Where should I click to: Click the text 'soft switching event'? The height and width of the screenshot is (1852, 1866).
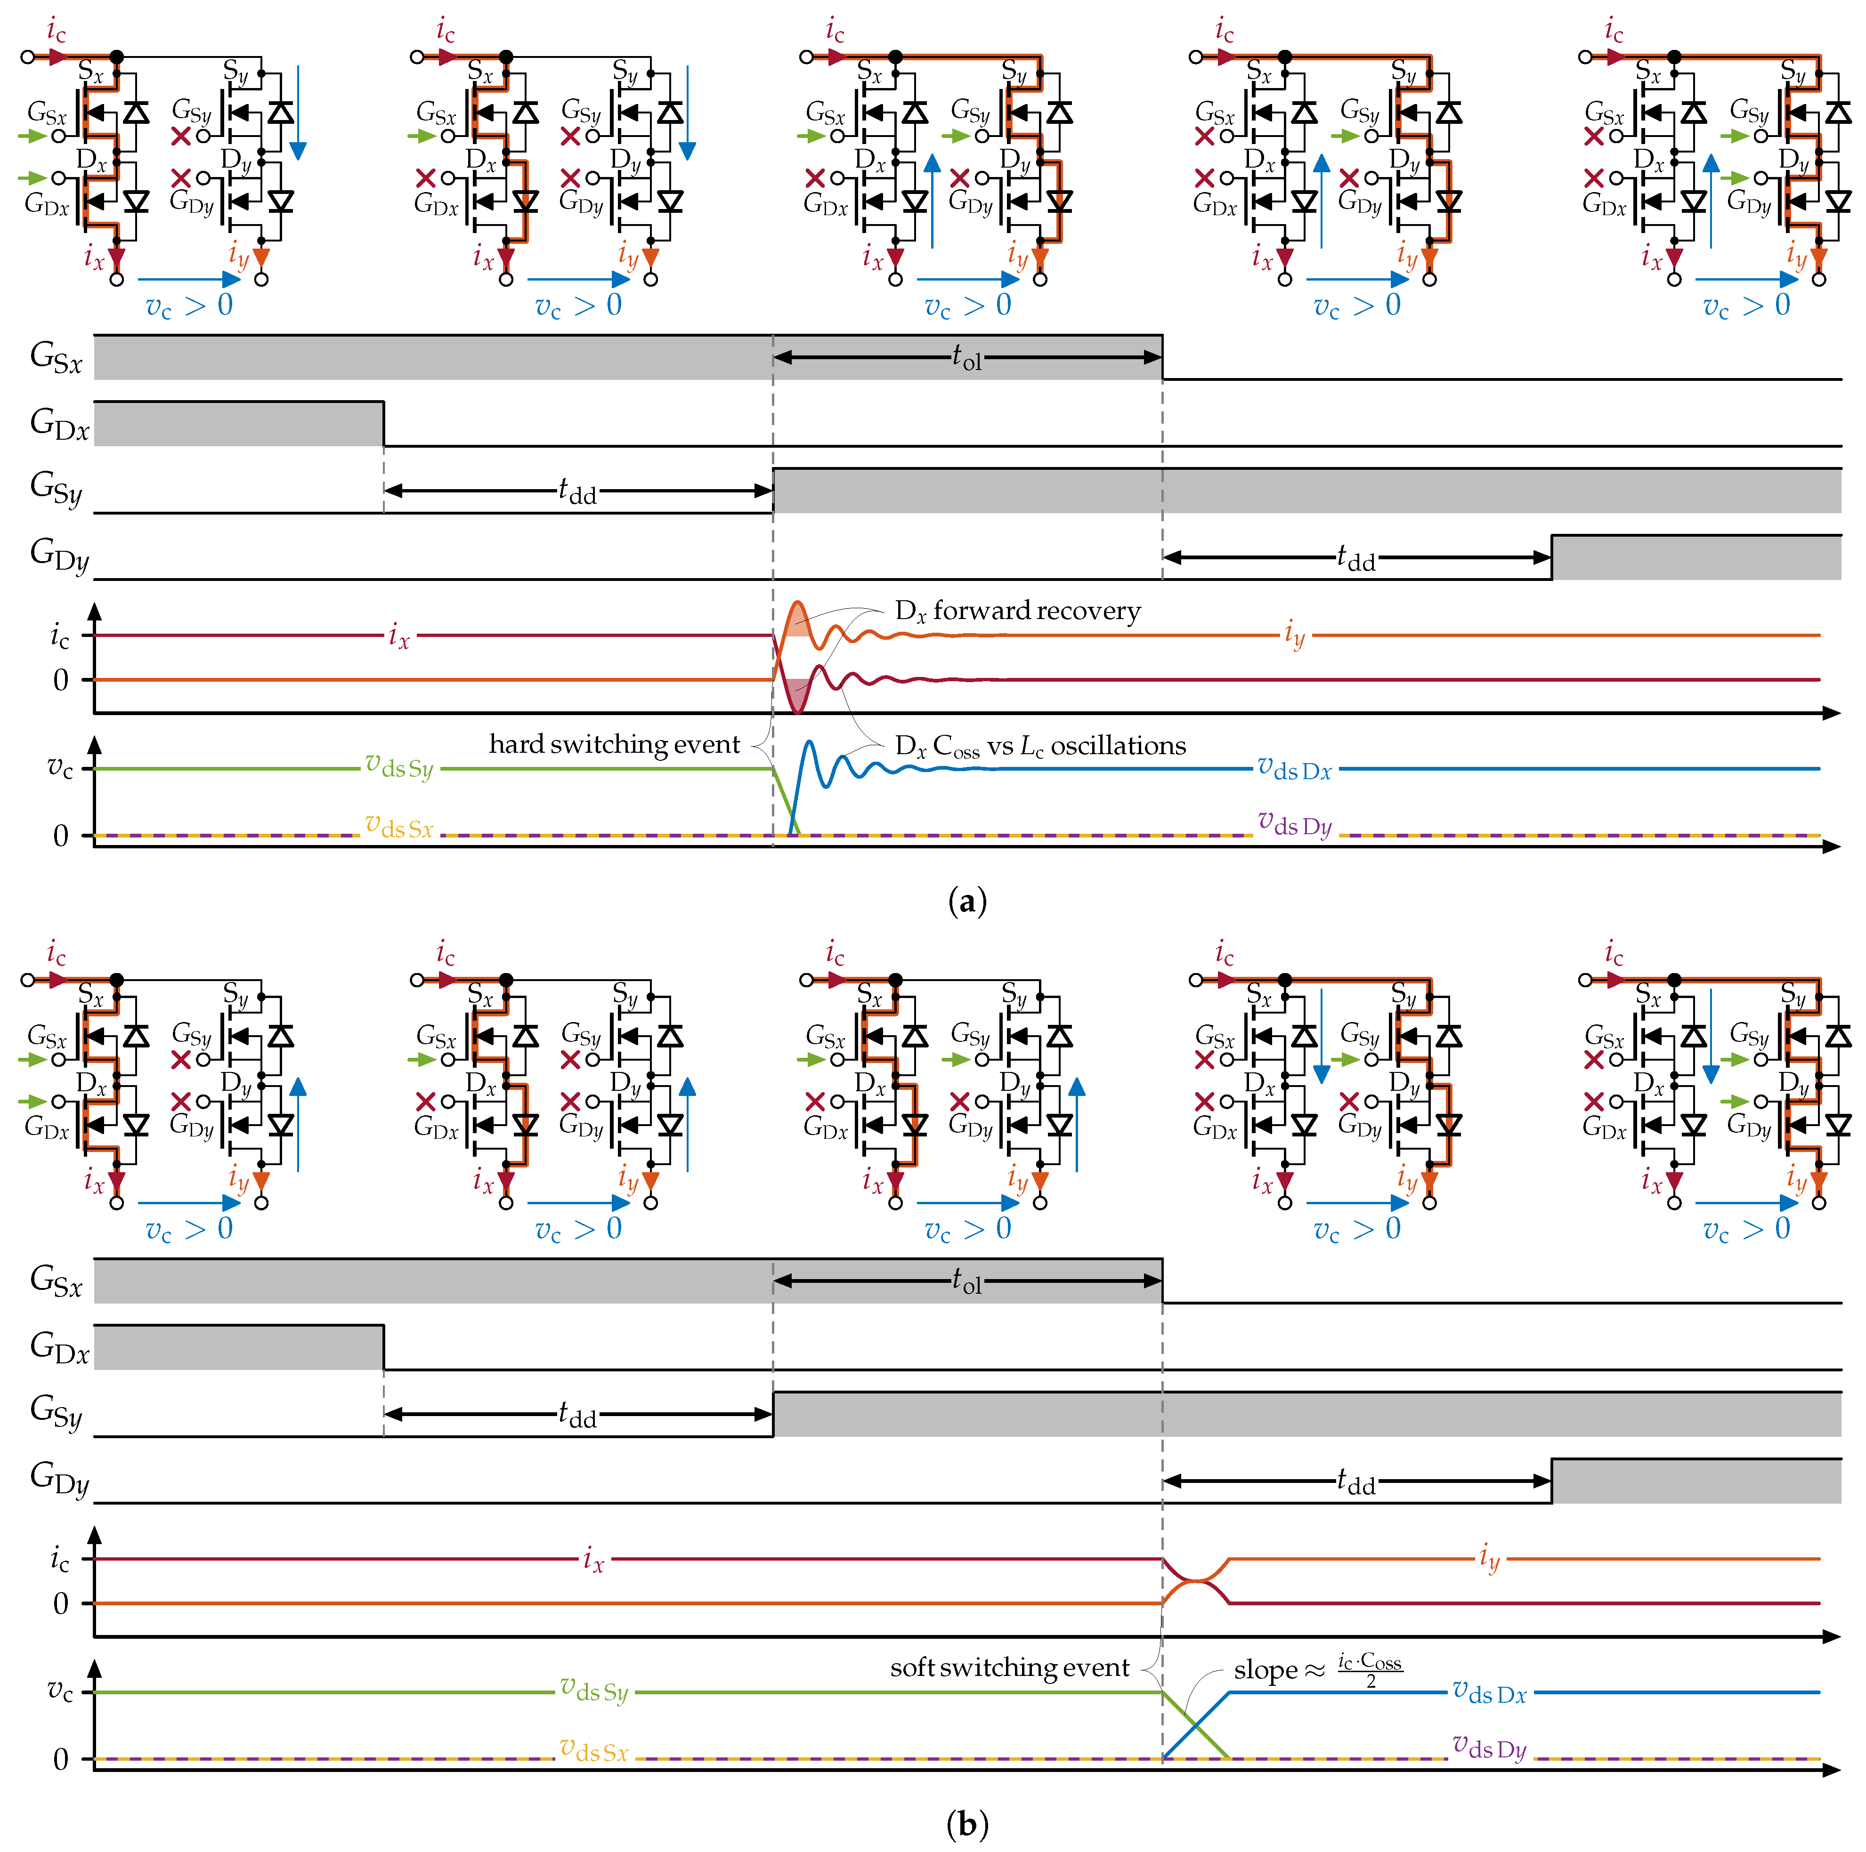pyautogui.click(x=1009, y=1667)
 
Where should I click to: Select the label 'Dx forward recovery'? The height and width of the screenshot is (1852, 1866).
pyautogui.click(x=1017, y=611)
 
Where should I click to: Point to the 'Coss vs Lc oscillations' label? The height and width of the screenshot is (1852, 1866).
pyautogui.click(x=1040, y=746)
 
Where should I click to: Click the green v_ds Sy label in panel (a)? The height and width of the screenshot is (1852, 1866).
pyautogui.click(x=399, y=768)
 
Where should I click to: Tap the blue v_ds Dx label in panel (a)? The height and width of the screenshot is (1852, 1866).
pyautogui.click(x=1294, y=770)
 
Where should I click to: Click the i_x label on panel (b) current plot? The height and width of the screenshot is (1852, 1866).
pyautogui.click(x=593, y=1560)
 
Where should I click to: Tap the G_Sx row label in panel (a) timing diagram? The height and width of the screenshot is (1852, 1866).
pyautogui.click(x=56, y=357)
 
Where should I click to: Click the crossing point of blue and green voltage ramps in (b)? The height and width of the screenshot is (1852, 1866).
pyautogui.click(x=1196, y=1725)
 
